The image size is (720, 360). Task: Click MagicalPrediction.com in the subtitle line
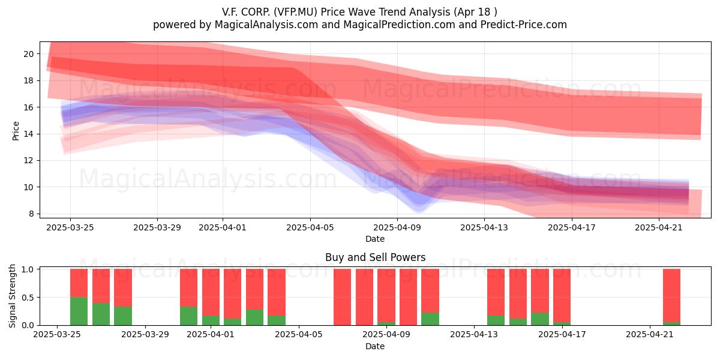coord(399,25)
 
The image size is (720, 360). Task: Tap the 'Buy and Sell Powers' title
coord(375,257)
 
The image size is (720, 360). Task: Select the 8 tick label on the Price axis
coord(31,214)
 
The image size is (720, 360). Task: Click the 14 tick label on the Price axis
coord(29,134)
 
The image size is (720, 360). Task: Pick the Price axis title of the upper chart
coord(16,131)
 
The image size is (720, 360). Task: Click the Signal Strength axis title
coord(12,296)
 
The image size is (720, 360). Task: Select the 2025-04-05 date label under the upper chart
coord(310,227)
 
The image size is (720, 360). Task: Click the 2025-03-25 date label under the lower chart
coord(57,334)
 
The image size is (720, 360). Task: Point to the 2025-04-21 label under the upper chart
coord(659,227)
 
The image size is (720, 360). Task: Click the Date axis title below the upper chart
coord(375,239)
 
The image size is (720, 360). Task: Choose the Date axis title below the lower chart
coord(375,346)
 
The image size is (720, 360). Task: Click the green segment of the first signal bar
coord(79,311)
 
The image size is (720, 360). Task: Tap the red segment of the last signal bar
coord(671,295)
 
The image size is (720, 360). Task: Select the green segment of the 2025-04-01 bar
coord(211,320)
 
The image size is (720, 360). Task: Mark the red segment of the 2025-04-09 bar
coord(386,295)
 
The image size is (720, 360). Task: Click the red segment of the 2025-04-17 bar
coord(562,295)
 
